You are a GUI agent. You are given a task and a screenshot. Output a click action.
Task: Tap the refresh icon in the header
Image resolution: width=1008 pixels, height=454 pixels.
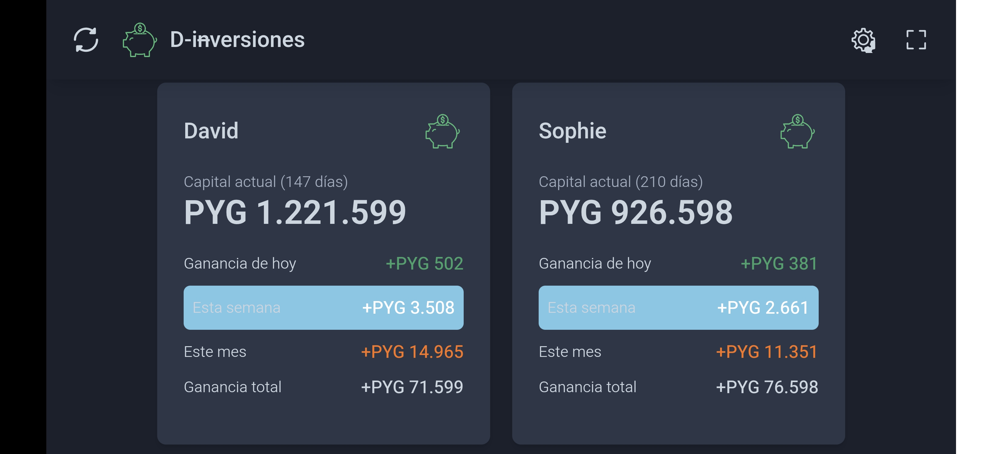point(86,39)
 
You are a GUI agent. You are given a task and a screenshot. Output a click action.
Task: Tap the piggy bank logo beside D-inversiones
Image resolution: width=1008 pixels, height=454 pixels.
point(139,40)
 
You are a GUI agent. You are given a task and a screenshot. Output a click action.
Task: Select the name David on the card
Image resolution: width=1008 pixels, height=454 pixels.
point(211,131)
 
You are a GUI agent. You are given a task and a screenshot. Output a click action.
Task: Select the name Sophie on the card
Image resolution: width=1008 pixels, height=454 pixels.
point(572,131)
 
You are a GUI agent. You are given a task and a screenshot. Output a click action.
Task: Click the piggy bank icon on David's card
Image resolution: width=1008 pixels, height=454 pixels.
point(442,131)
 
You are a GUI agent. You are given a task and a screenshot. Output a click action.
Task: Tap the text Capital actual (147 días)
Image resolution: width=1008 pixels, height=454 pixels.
point(266,182)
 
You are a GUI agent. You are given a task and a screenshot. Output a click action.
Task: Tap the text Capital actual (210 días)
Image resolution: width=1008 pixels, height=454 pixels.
point(621,182)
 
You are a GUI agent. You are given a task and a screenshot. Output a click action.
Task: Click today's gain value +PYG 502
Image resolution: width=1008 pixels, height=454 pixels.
point(425,264)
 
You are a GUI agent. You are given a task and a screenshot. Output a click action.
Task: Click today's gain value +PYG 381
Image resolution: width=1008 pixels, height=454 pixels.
point(779,264)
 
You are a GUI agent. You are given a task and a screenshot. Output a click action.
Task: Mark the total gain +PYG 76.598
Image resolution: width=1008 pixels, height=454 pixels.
point(767,387)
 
